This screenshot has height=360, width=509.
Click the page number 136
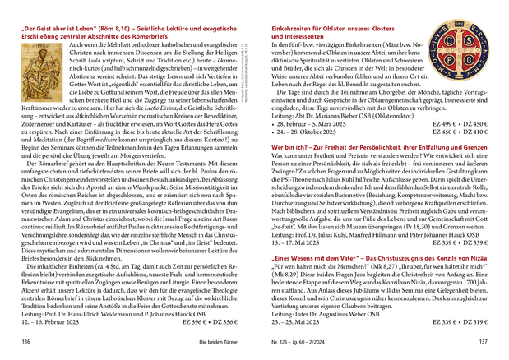tap(25, 340)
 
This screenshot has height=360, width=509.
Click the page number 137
tap(484, 340)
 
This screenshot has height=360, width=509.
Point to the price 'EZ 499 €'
tap(437, 123)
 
